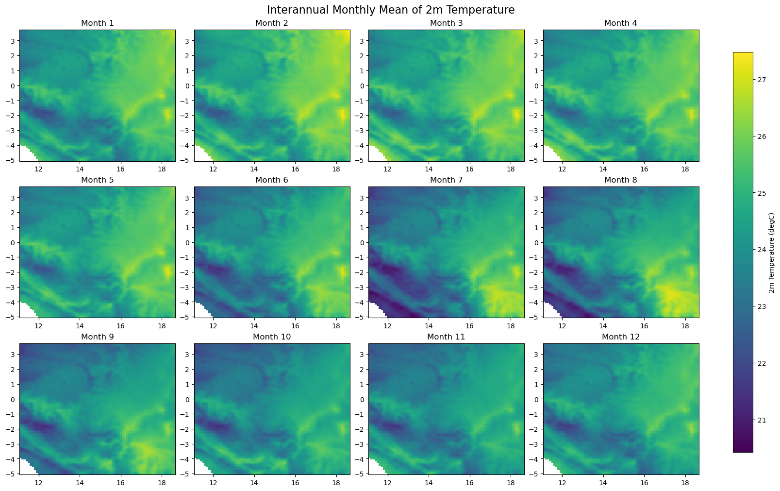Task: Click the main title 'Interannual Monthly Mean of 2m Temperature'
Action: pos(390,10)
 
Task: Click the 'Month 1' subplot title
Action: pos(98,23)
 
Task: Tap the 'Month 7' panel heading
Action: pos(446,180)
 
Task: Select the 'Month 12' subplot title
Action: pos(621,337)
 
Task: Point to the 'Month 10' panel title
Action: pos(272,337)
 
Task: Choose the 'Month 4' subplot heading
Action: pos(621,23)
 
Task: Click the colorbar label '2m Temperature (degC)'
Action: pos(772,253)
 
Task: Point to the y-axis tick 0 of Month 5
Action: pos(14,242)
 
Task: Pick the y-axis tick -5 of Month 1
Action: pos(12,160)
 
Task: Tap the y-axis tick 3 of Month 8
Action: pos(537,198)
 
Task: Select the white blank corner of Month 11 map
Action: pos(375,468)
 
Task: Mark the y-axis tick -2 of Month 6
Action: pos(186,272)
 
